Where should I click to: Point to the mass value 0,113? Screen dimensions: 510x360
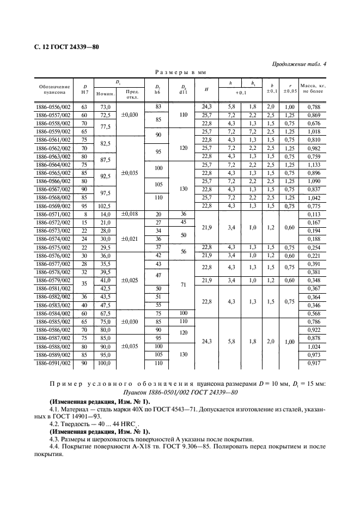tap(310, 214)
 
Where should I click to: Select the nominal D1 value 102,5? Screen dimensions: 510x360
tap(105, 207)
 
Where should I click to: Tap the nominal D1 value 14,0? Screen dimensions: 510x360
tap(105, 214)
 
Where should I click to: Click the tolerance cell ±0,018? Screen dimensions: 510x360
tap(130, 214)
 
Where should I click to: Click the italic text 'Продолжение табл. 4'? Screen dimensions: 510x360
tap(299, 64)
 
